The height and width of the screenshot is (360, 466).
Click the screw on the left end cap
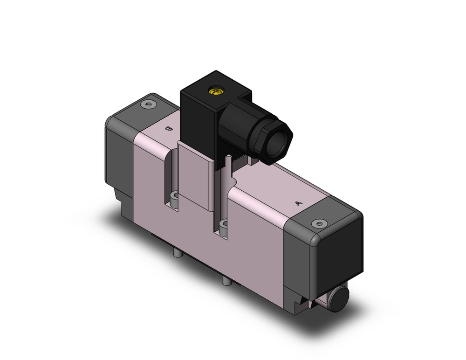point(149,105)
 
